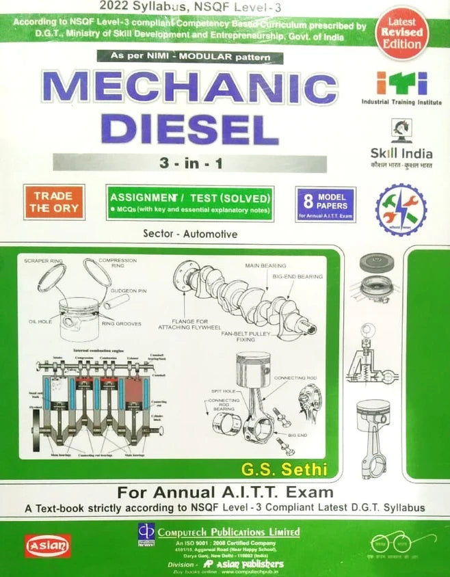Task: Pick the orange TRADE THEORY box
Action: click(54, 202)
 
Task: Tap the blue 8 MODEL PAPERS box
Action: click(326, 204)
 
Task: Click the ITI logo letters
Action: click(401, 83)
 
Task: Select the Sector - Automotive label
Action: click(191, 234)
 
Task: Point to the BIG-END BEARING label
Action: click(297, 276)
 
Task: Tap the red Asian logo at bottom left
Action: click(48, 545)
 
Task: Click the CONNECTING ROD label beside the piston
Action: click(295, 378)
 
